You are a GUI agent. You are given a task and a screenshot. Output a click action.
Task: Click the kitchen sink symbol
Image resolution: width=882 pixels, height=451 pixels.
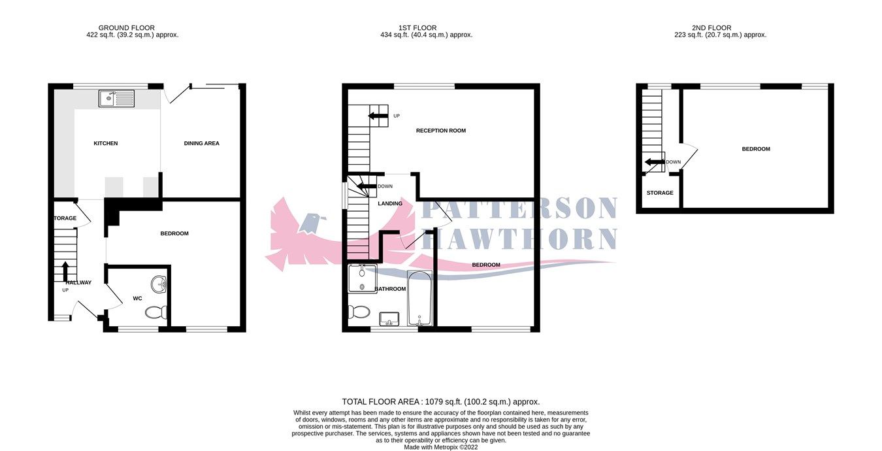[116, 98]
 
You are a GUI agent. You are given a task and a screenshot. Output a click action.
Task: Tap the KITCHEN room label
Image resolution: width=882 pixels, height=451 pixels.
[105, 143]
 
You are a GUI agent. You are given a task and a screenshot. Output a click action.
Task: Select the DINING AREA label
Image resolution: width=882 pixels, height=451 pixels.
[201, 143]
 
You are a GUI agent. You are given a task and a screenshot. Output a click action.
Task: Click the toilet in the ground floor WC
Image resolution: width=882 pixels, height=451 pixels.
[156, 313]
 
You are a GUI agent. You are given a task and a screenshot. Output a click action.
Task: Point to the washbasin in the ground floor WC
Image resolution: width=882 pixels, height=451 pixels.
[159, 284]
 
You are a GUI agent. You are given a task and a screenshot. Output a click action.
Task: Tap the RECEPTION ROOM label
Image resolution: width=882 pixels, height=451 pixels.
[441, 131]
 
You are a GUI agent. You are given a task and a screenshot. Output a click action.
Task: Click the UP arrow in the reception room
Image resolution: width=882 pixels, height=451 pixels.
[377, 116]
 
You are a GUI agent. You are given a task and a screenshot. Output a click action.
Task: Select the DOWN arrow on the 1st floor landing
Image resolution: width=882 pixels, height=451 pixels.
[366, 186]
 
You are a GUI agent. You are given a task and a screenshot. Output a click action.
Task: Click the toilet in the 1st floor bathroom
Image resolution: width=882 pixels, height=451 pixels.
[359, 311]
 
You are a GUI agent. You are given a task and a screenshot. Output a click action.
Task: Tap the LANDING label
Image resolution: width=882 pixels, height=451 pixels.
[390, 203]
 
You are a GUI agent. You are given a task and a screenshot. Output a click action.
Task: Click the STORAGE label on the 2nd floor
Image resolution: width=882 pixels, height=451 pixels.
[660, 193]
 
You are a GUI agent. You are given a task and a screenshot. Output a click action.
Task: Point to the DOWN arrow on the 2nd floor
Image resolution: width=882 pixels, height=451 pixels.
[654, 162]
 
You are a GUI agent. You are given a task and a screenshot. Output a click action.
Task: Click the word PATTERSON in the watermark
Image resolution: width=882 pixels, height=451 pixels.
[519, 209]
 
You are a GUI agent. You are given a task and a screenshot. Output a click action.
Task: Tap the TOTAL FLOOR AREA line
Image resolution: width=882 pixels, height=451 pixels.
[441, 402]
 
